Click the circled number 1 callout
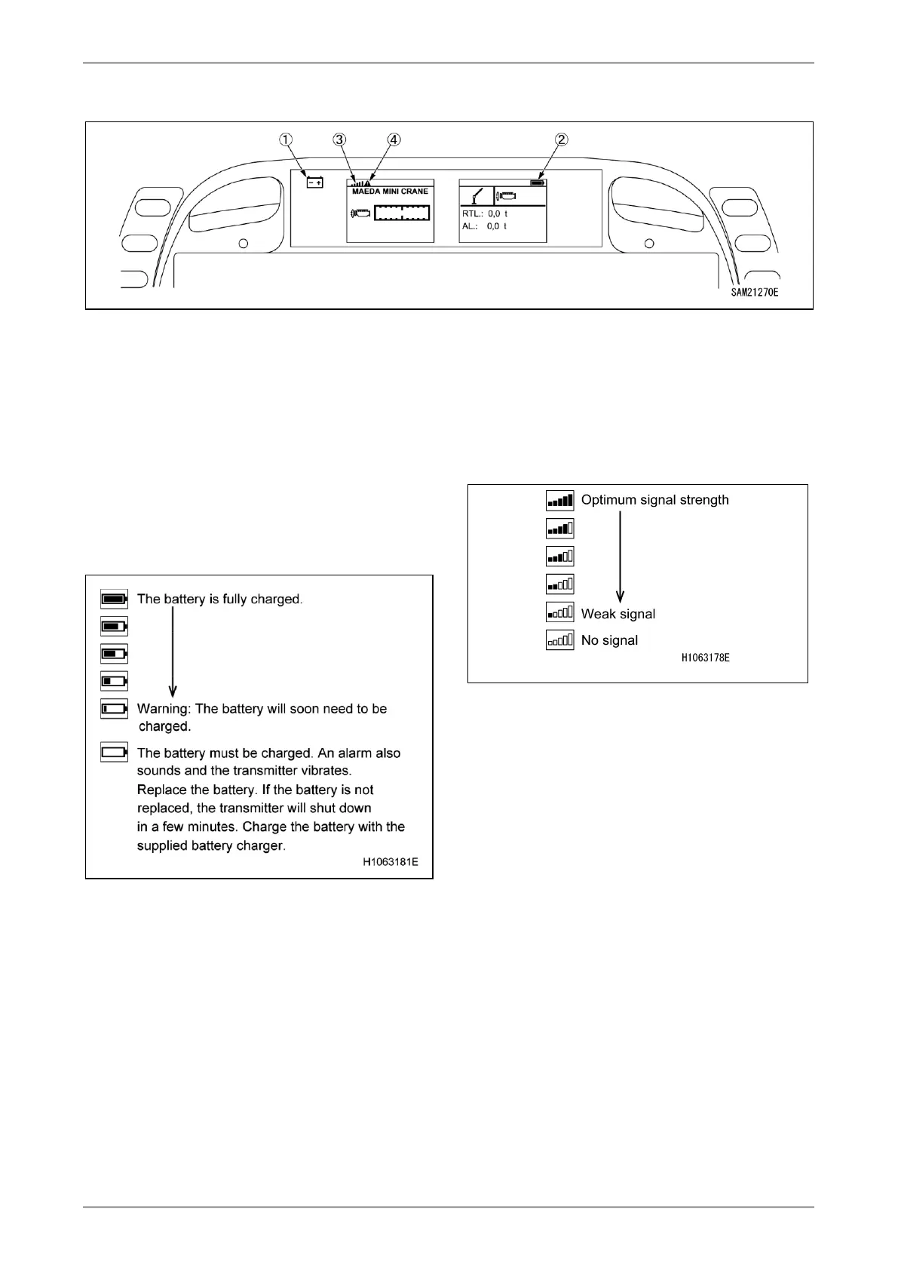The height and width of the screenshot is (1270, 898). [286, 140]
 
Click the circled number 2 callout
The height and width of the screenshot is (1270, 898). [561, 140]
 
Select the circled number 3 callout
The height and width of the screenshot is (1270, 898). [340, 140]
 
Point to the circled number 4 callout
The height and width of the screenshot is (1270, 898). [394, 140]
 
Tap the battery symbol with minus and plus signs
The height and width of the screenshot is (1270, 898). [314, 182]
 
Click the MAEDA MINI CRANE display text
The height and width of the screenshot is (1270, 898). [390, 192]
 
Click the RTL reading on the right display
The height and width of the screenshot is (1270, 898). [484, 214]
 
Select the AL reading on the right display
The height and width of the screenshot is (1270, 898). [484, 226]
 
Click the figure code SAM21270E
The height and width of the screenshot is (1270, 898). [754, 292]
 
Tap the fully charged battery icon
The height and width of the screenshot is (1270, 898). [114, 599]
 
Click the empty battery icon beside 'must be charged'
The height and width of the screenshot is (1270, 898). [114, 752]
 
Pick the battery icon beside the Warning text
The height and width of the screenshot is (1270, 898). [114, 709]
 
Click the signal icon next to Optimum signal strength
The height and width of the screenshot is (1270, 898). [559, 500]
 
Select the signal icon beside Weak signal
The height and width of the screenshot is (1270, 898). [559, 612]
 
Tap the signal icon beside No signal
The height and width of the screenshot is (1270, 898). [559, 640]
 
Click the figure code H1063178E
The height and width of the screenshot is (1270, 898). [705, 658]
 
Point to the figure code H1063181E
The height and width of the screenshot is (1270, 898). [390, 862]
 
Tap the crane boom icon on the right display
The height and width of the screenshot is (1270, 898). [476, 196]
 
